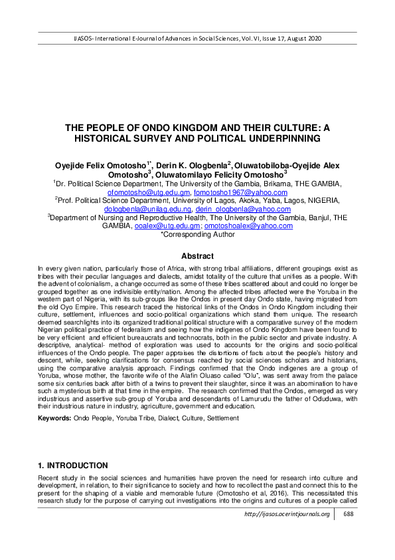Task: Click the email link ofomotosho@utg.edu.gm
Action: [141, 192]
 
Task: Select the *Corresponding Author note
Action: [197, 235]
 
